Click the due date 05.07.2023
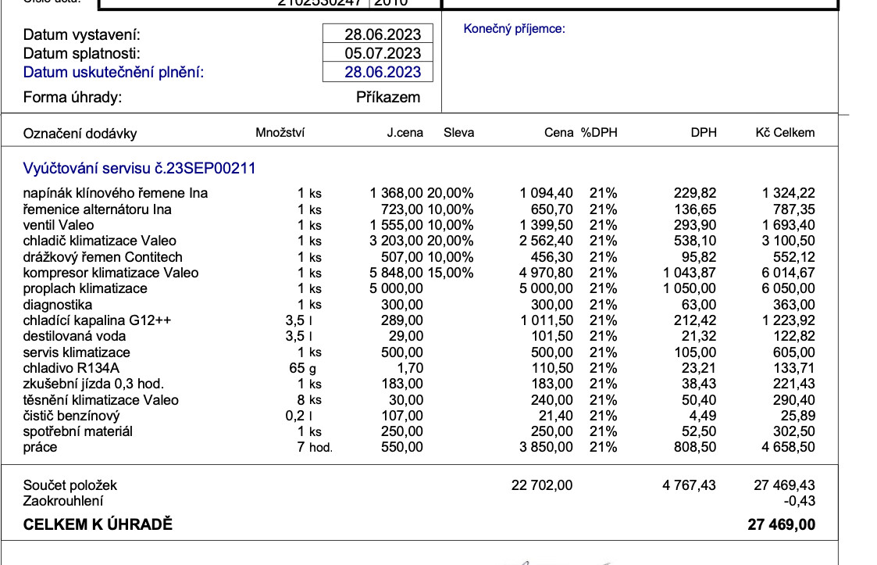(383, 53)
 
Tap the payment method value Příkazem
(388, 98)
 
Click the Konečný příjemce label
(514, 29)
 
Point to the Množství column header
(280, 133)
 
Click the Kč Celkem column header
(785, 133)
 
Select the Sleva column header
(458, 133)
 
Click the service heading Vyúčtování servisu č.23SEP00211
(140, 168)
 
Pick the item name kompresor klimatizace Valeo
(111, 273)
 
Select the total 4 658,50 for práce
(789, 448)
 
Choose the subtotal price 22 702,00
(542, 485)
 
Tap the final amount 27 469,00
(781, 525)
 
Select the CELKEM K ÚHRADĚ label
(98, 525)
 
